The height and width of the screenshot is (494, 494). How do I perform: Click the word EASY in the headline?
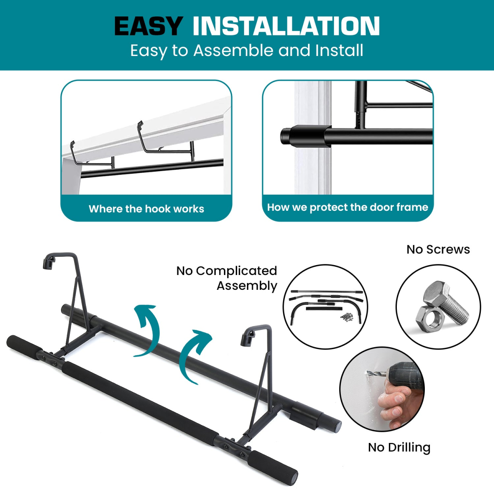click(x=149, y=26)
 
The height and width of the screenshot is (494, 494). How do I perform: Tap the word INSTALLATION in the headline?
click(x=286, y=26)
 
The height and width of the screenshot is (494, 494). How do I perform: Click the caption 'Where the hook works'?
click(x=147, y=209)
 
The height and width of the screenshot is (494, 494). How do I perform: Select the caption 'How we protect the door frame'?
click(x=347, y=207)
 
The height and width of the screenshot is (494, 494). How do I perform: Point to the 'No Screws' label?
click(x=438, y=249)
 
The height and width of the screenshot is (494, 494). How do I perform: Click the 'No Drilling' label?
click(x=399, y=447)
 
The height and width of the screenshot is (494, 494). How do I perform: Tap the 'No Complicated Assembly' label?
click(x=227, y=278)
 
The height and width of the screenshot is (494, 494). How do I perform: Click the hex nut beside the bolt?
click(x=426, y=316)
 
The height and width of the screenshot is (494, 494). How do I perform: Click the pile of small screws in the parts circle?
click(x=347, y=317)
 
